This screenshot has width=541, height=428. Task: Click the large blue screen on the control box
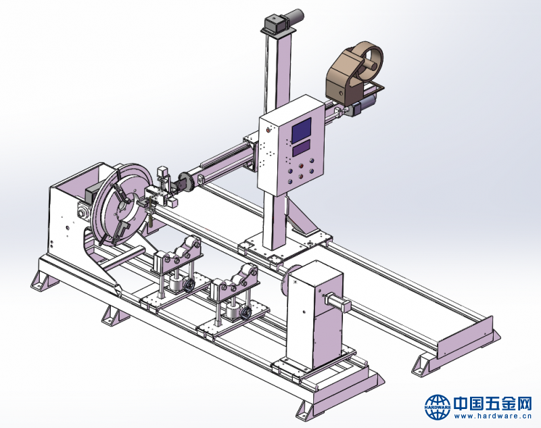point(302,130)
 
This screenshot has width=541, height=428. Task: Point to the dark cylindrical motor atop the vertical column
point(294,18)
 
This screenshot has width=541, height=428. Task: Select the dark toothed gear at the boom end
point(186,182)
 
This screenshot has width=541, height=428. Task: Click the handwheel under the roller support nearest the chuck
point(189,285)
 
